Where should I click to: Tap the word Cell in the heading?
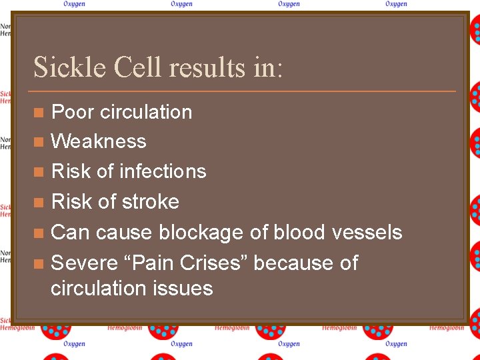coord(138,67)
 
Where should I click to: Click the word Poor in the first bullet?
coord(73,112)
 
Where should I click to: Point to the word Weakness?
coord(99,141)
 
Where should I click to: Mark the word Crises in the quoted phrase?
coord(214,263)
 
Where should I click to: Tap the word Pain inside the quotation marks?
coord(152,263)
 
